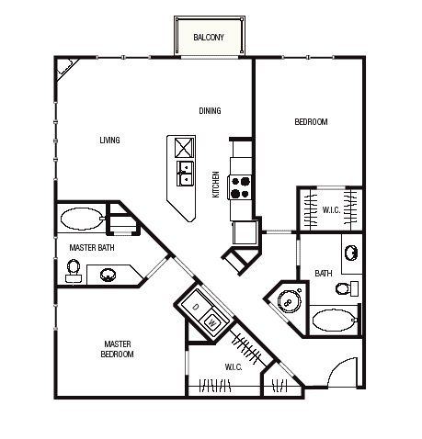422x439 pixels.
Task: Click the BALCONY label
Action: coord(209,38)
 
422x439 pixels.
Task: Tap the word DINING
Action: coord(210,110)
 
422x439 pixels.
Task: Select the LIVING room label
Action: coord(109,140)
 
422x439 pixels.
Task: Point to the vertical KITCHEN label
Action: coord(216,185)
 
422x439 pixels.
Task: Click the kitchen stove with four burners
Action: coord(240,187)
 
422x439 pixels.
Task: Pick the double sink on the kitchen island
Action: coord(185,174)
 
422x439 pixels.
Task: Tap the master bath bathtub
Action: coord(83,219)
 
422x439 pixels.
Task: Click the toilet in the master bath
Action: coord(74,271)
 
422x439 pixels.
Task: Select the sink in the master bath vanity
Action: coord(108,275)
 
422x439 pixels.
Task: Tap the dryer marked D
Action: coord(196,307)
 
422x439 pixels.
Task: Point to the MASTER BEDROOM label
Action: coord(118,349)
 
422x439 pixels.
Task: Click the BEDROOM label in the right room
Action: coord(311,122)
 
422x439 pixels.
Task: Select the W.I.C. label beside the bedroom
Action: coord(331,210)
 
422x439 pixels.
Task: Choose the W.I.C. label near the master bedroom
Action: coord(234,366)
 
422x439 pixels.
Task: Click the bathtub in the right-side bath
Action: coord(335,321)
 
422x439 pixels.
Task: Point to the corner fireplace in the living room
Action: coord(65,69)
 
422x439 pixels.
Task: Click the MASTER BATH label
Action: coord(92,247)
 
